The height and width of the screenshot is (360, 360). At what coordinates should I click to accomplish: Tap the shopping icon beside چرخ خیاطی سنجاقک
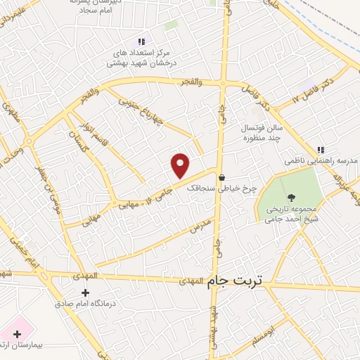(x=222, y=177)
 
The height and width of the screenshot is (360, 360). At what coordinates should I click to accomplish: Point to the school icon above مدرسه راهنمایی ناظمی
(x=321, y=150)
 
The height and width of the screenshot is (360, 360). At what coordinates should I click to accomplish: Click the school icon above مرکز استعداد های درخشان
(x=141, y=42)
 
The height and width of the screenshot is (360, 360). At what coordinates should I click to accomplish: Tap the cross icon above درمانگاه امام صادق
(x=86, y=292)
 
